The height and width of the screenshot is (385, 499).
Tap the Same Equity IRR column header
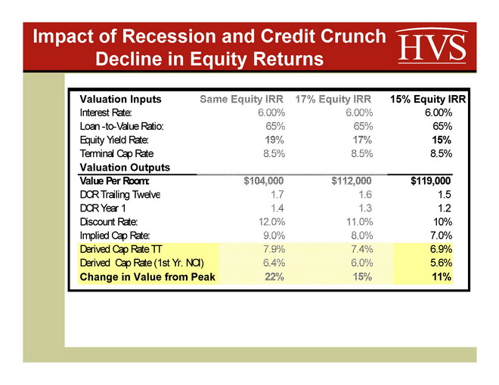click(241, 99)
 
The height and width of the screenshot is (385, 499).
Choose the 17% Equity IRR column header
click(333, 99)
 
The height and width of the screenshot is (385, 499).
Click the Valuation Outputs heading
click(125, 168)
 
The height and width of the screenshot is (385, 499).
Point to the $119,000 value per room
click(430, 181)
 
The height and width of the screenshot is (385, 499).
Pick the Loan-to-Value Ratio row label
click(122, 126)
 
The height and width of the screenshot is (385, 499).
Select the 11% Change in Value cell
click(442, 277)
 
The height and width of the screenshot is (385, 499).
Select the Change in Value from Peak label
click(147, 277)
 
